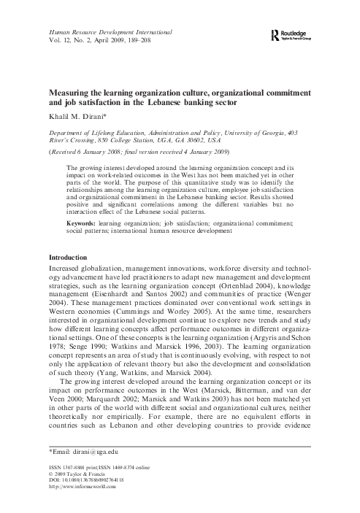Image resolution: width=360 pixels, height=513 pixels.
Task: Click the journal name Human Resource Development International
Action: point(110,33)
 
